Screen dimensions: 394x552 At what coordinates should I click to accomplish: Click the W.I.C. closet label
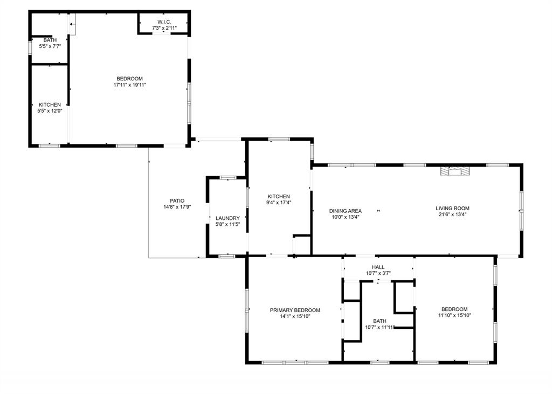(x=164, y=22)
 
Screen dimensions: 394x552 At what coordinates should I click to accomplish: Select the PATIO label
(x=177, y=201)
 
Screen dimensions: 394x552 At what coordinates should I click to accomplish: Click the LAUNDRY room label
(x=227, y=218)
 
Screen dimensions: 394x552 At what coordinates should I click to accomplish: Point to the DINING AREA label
(x=346, y=211)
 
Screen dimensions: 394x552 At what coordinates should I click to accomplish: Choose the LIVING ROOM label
(x=452, y=208)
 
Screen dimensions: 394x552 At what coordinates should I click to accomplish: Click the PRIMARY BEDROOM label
(x=295, y=310)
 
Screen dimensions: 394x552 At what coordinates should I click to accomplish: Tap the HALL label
(x=378, y=267)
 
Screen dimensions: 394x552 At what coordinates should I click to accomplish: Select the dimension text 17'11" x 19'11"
(x=130, y=85)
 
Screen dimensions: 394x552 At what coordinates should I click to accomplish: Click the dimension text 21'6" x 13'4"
(x=452, y=215)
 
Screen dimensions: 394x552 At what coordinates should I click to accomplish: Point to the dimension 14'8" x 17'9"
(x=177, y=207)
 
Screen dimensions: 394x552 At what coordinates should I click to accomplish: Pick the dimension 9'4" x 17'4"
(x=279, y=203)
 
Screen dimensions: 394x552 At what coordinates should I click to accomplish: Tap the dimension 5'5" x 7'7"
(x=50, y=46)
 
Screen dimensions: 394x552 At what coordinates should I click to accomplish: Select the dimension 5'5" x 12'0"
(x=49, y=111)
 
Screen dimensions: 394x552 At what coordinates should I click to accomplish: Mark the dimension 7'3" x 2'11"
(x=164, y=27)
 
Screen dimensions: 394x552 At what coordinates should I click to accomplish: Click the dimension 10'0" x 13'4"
(x=346, y=217)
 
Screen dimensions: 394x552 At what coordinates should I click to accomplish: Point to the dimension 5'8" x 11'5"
(x=227, y=224)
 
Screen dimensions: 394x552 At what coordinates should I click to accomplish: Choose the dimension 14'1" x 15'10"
(x=295, y=316)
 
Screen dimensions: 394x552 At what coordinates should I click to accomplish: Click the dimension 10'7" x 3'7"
(x=378, y=273)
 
